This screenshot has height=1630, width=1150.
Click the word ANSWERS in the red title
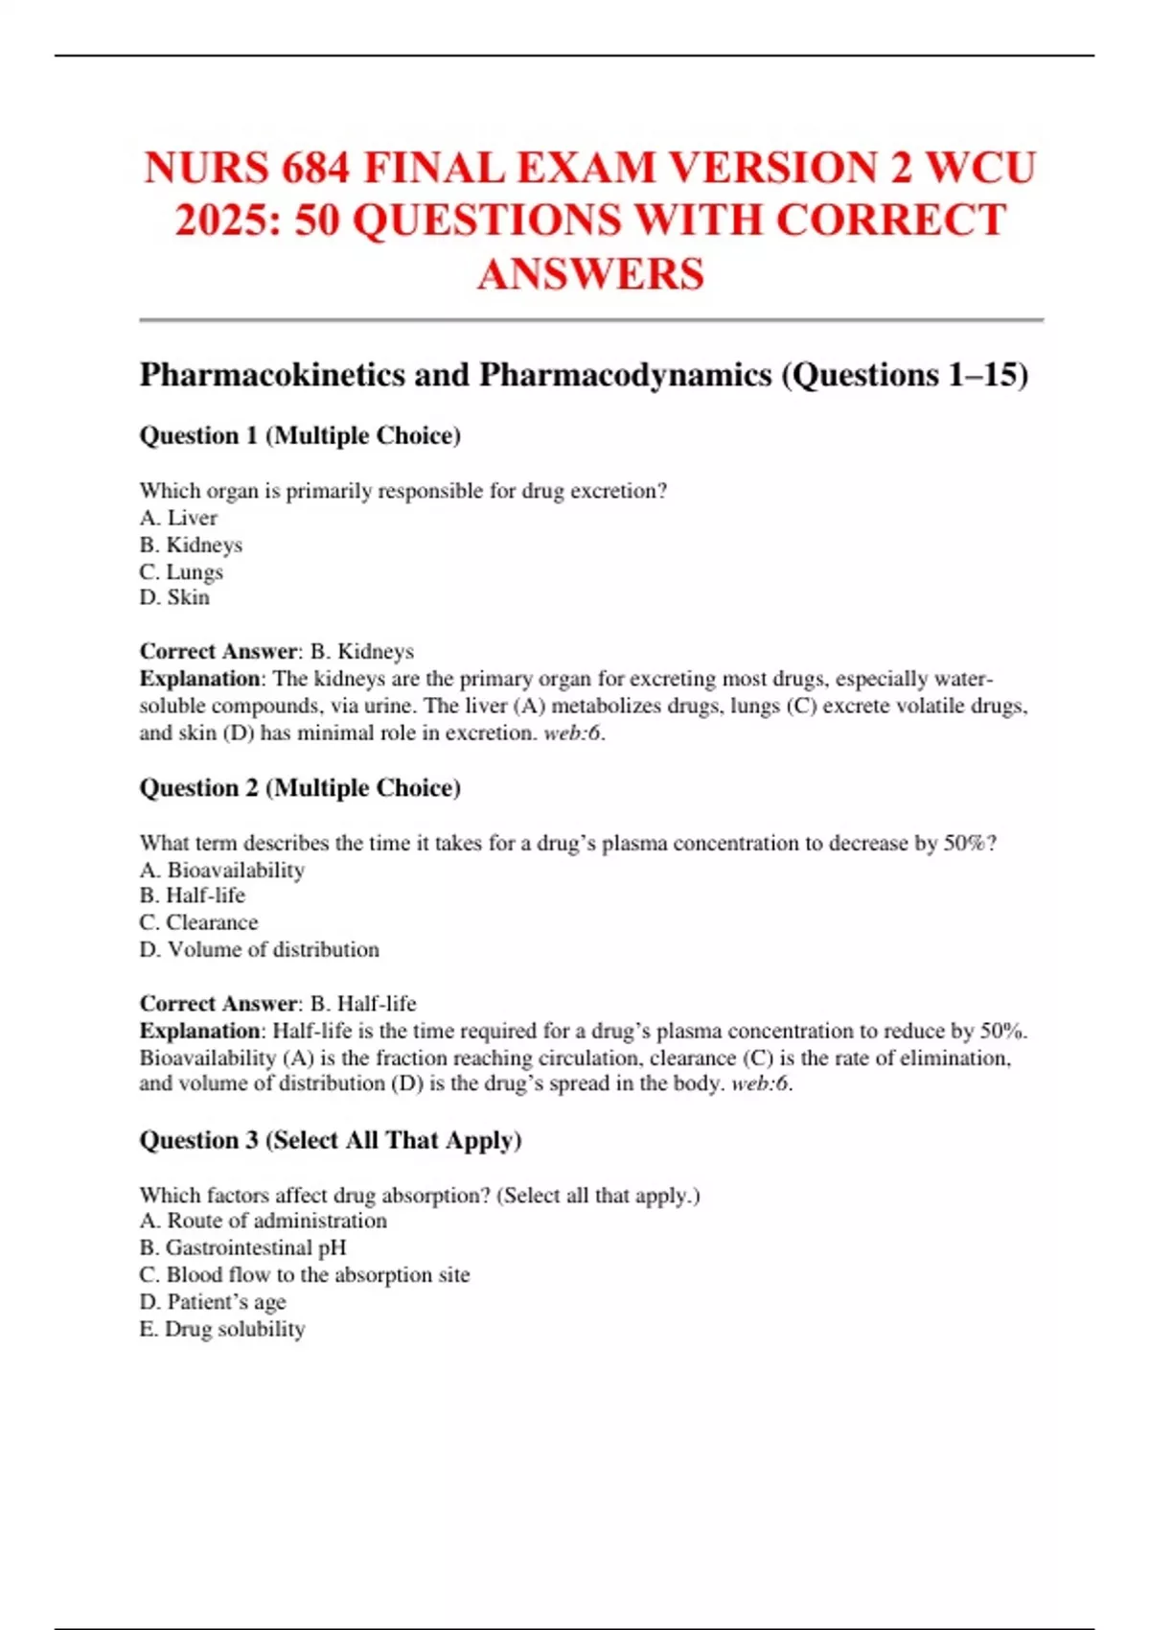[590, 274]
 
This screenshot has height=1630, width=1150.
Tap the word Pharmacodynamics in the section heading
[625, 374]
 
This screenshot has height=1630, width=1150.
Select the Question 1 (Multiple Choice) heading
[300, 435]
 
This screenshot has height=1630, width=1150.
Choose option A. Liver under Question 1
[178, 518]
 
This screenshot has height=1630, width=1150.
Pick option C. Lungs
[181, 571]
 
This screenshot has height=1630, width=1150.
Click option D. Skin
[174, 597]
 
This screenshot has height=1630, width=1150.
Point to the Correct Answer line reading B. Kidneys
[277, 651]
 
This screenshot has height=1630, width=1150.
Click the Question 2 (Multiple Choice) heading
[300, 788]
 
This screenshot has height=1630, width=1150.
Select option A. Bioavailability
[222, 870]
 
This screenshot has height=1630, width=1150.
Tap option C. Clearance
[198, 922]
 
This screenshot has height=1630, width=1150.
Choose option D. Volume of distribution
[259, 949]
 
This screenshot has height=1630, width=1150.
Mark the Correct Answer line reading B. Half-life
[278, 1004]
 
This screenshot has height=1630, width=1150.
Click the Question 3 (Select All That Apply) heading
[331, 1140]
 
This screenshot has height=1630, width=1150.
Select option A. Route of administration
[264, 1221]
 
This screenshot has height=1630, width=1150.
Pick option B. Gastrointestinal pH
[242, 1247]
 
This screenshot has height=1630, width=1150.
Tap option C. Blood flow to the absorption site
[305, 1274]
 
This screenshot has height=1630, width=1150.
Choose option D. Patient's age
[213, 1301]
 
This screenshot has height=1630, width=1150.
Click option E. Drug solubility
[222, 1329]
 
